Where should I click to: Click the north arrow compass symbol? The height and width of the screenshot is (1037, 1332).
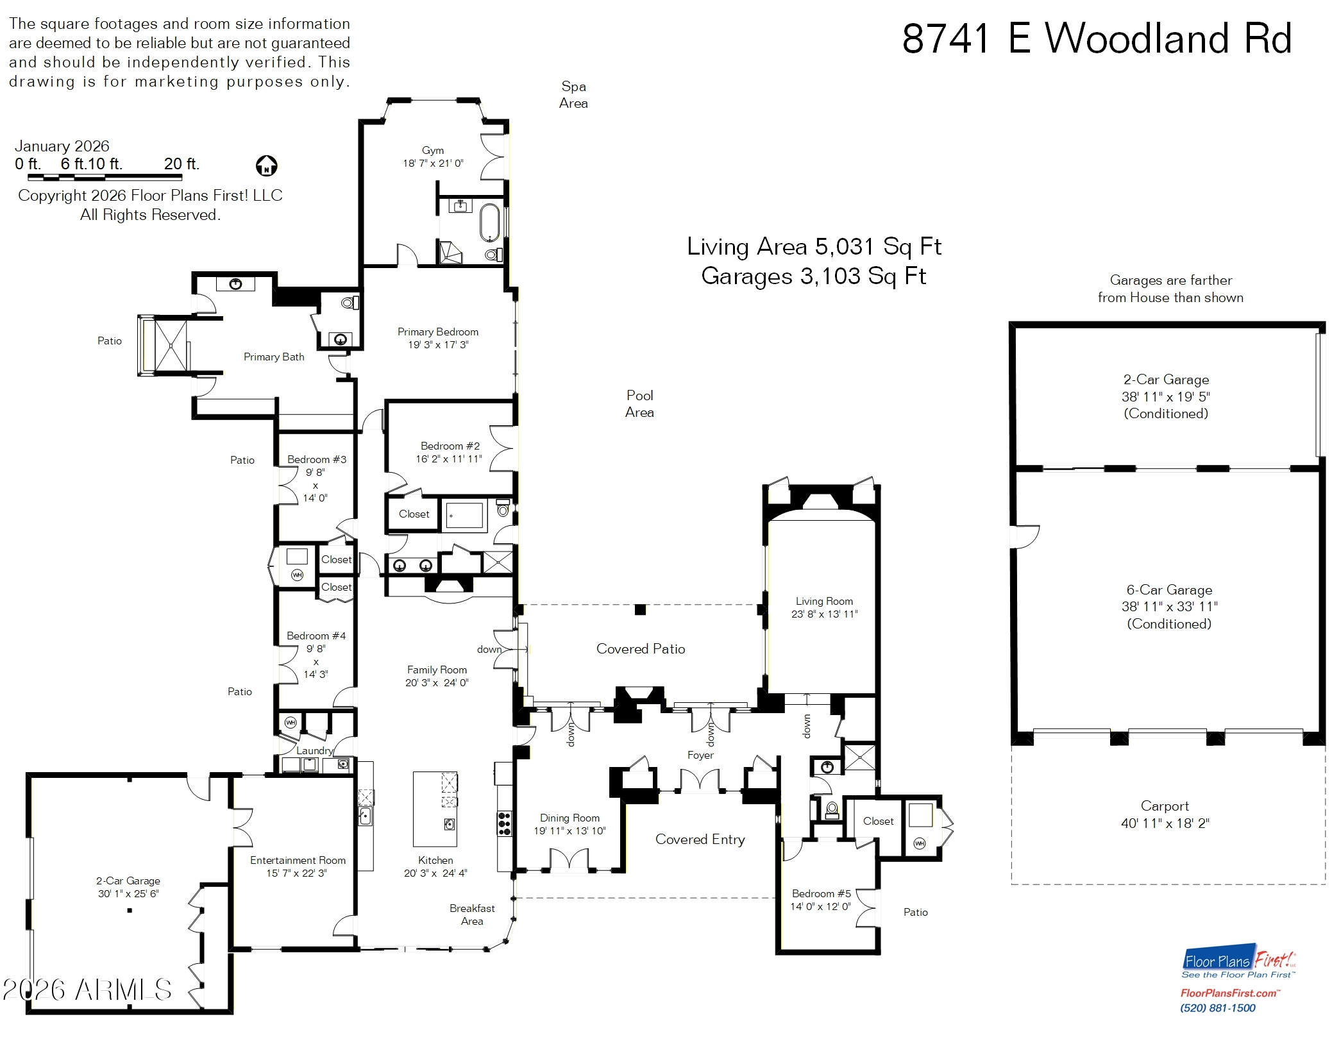[x=266, y=166]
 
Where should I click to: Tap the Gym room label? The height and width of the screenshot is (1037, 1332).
[x=433, y=150]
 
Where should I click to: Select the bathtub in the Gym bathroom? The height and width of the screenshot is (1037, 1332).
[x=489, y=221]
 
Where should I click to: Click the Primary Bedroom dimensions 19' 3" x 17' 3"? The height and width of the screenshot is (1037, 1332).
[x=438, y=345]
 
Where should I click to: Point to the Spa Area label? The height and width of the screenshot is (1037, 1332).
[x=573, y=95]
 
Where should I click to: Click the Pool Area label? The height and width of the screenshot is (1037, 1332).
[x=639, y=403]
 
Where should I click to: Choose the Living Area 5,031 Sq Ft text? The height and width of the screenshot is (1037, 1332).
[x=813, y=246]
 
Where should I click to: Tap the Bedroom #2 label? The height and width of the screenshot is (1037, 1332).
[x=450, y=446]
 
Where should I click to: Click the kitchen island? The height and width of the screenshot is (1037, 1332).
[x=435, y=809]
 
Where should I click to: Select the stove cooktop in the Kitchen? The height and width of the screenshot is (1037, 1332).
[x=504, y=823]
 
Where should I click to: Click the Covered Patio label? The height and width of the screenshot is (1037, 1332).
[x=640, y=649]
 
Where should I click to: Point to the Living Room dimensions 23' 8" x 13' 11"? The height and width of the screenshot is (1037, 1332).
[x=824, y=614]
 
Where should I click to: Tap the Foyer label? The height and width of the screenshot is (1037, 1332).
[x=700, y=755]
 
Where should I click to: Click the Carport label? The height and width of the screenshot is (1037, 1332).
[x=1165, y=806]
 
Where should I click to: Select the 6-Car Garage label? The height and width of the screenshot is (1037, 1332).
[x=1169, y=590]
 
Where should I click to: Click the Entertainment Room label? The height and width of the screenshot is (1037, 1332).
[x=298, y=860]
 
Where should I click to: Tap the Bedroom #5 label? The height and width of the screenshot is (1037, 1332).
[x=821, y=893]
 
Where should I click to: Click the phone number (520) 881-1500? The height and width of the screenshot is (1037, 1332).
[x=1217, y=1008]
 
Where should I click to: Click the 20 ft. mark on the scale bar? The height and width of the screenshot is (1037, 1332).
[x=181, y=164]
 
